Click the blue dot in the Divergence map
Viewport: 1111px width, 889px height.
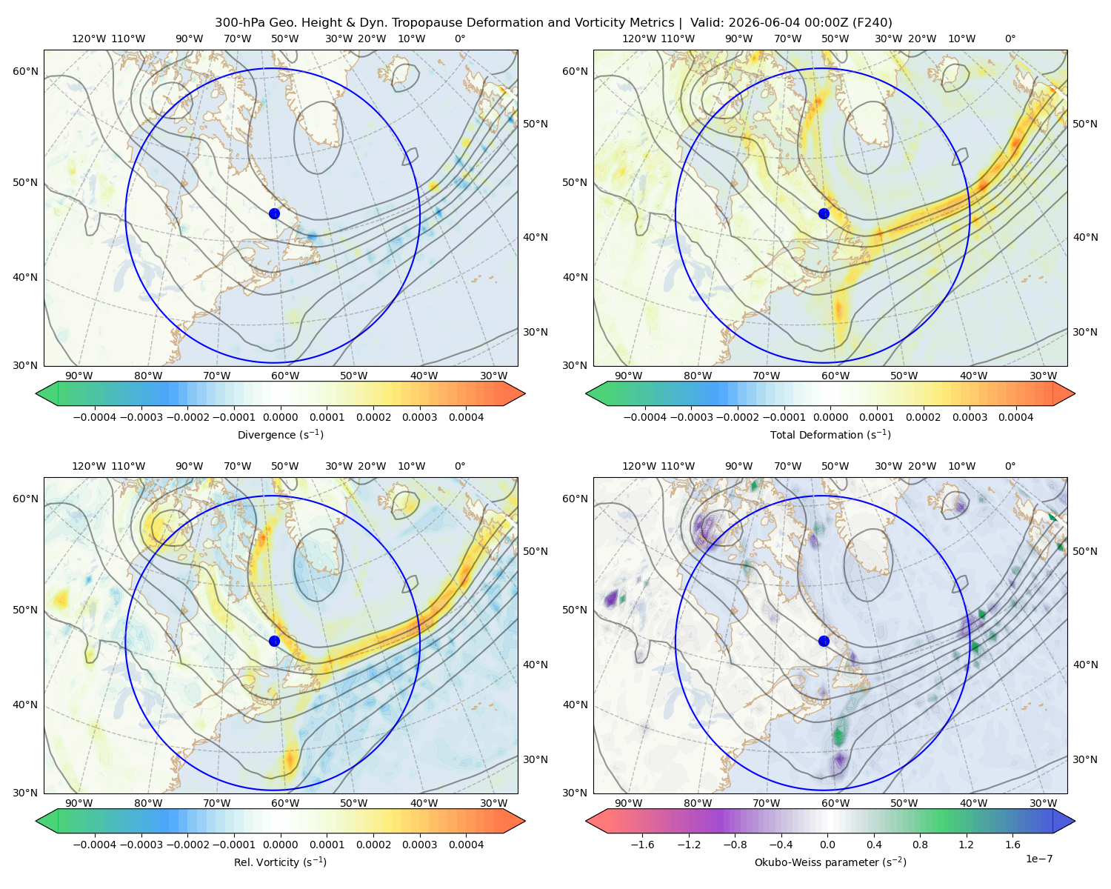274,214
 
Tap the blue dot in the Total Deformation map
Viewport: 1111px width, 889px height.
824,214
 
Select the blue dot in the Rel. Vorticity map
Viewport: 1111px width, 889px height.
274,641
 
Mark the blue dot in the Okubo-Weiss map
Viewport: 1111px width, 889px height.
824,641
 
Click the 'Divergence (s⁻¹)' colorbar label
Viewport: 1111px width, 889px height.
280,435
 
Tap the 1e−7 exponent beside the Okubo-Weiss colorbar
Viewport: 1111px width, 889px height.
1038,859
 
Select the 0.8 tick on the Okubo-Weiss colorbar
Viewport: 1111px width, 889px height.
920,845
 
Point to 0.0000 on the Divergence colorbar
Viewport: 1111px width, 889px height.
280,417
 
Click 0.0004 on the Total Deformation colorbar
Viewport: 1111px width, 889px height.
1016,417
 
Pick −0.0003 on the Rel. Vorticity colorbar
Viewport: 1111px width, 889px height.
141,845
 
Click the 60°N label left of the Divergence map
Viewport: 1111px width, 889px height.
25,71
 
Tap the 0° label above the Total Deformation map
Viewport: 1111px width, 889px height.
1010,39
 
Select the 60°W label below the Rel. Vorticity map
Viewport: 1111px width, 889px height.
285,803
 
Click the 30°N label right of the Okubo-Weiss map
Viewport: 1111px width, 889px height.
1085,759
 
